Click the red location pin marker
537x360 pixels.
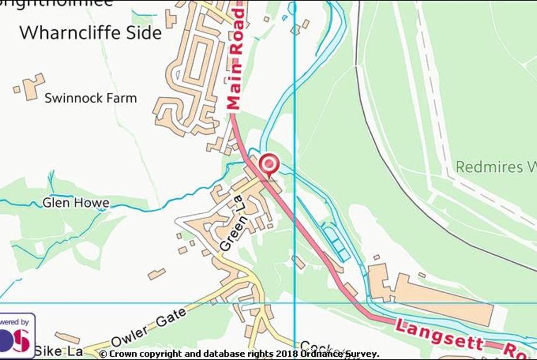269,164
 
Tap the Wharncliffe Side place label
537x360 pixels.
90,33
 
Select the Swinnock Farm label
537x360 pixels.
91,98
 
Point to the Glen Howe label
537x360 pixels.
76,203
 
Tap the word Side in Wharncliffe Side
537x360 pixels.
142,33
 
